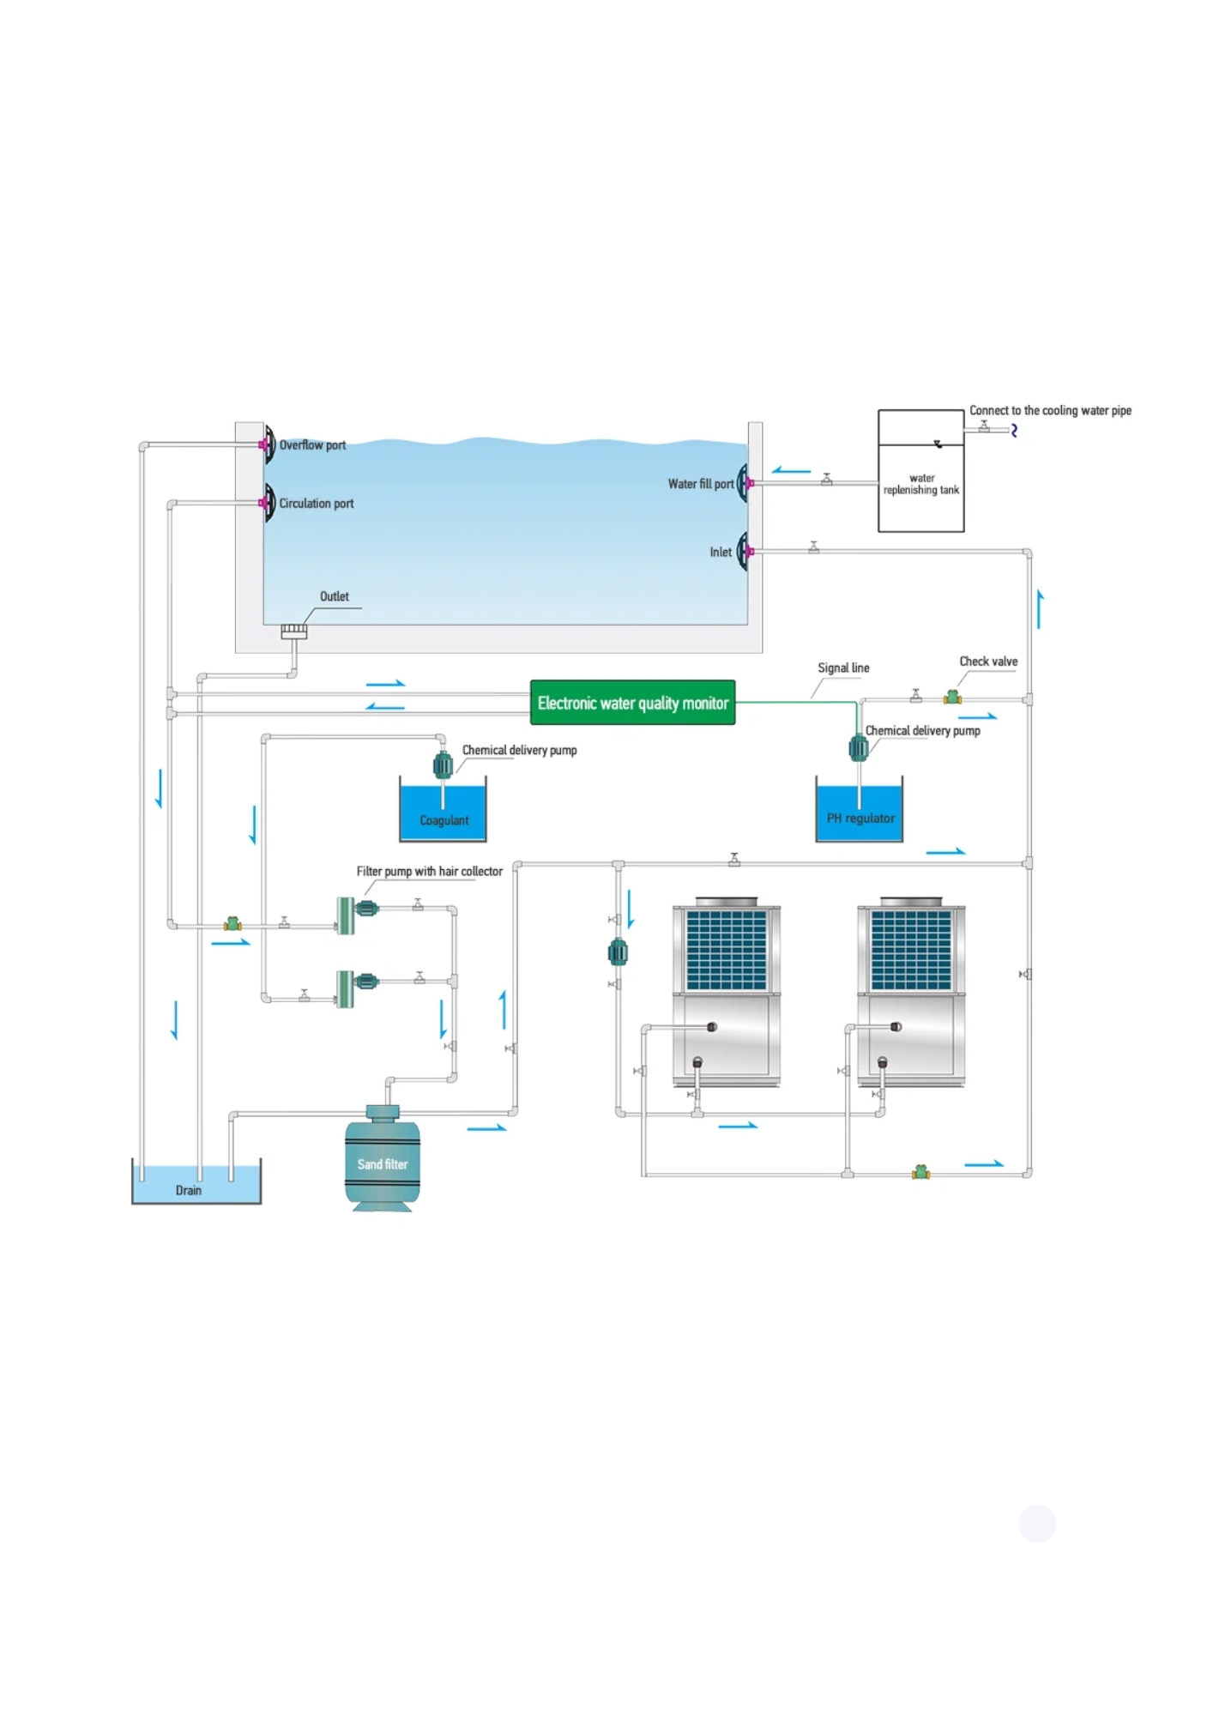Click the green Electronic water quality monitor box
632,703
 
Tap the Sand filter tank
383,1158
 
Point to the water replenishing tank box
921,471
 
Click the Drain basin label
189,1190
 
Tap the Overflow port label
312,445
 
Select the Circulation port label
317,504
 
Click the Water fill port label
701,484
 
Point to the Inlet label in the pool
721,553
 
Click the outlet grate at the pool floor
294,631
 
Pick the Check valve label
988,662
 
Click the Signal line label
843,668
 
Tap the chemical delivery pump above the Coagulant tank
443,764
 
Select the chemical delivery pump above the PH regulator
859,747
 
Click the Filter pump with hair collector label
430,871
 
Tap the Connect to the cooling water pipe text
1050,411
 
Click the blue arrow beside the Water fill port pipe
791,470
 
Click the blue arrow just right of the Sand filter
487,1127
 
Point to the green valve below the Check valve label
952,698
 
